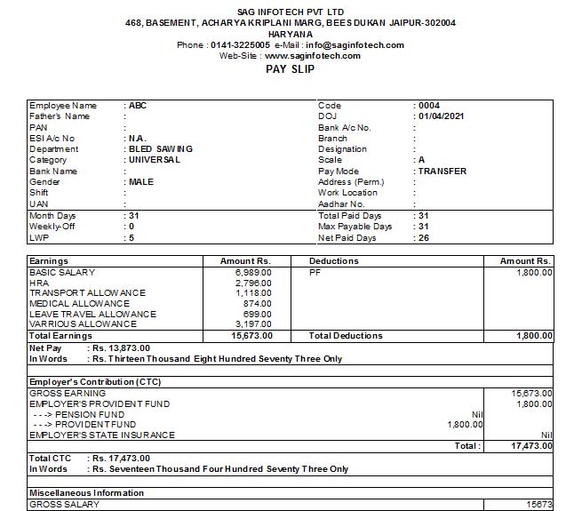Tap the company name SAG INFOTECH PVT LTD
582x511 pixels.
(291, 9)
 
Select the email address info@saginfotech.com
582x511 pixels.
(355, 45)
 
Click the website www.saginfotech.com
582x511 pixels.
(313, 56)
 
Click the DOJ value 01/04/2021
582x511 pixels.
(442, 116)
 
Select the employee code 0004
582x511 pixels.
(429, 106)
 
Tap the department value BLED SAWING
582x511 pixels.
(161, 149)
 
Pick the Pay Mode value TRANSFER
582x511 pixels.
(442, 172)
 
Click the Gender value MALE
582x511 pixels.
(141, 182)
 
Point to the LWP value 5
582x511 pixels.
(132, 238)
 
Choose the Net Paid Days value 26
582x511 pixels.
(424, 238)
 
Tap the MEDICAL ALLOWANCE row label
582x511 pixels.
(79, 304)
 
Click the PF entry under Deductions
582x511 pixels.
(315, 272)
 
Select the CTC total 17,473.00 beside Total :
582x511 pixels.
(532, 445)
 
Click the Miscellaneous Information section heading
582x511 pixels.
(86, 492)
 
